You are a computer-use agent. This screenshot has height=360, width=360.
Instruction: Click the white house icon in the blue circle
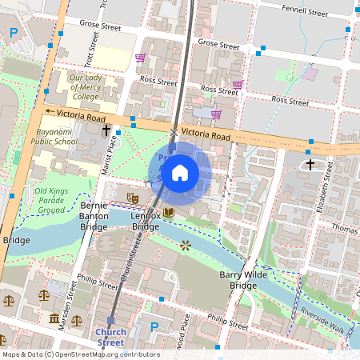click(x=180, y=173)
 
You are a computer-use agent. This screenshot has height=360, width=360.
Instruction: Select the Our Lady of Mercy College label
click(x=84, y=87)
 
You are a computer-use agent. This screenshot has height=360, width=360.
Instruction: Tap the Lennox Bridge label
click(x=145, y=222)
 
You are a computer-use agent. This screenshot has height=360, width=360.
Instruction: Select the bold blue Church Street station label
click(x=110, y=337)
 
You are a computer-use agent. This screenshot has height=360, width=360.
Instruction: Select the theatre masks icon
click(x=133, y=197)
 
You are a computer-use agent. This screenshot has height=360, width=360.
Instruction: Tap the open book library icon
click(x=168, y=212)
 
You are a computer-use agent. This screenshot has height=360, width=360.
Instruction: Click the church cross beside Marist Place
click(x=106, y=129)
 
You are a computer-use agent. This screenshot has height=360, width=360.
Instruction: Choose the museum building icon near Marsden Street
click(x=54, y=319)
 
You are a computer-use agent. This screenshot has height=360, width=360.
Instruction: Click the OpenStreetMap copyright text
click(x=80, y=354)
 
